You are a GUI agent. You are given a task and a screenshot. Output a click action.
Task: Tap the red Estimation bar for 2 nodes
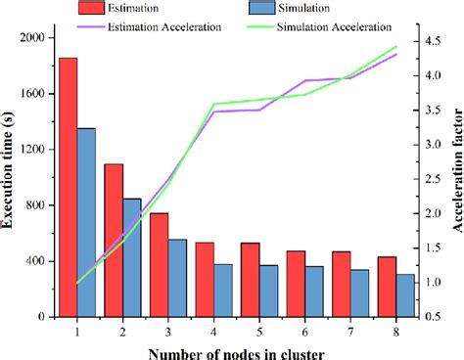pos(114,241)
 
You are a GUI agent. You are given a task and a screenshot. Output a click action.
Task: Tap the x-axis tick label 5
pos(258,331)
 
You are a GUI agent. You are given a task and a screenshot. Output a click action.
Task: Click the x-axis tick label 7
pos(349,331)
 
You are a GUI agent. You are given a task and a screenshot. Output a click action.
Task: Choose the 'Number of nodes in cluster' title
pos(236,351)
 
